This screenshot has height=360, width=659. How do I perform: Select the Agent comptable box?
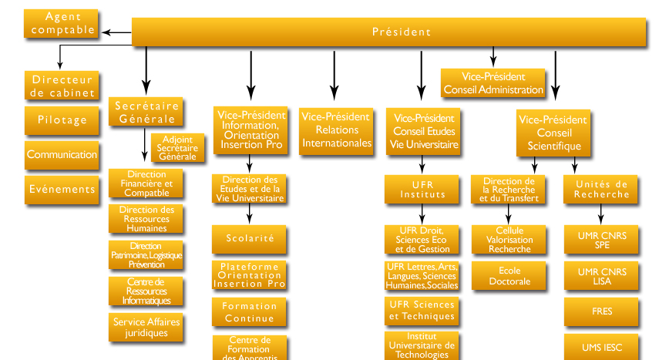tap(62, 23)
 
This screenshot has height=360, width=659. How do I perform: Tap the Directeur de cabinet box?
tap(62, 86)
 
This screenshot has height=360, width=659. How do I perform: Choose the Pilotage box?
tap(62, 119)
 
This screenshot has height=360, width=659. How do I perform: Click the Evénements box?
tap(62, 189)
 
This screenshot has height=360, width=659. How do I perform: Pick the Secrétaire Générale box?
tap(148, 112)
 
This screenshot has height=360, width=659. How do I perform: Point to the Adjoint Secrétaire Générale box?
tap(178, 148)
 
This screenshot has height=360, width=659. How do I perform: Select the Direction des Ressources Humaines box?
tap(146, 219)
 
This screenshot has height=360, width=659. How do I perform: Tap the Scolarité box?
tap(250, 238)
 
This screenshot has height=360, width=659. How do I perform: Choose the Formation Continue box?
tap(250, 312)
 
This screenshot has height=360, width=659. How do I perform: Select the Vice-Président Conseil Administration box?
tap(493, 83)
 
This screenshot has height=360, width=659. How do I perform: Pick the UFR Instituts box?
tap(422, 190)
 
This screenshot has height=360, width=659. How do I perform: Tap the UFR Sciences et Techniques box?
tap(422, 310)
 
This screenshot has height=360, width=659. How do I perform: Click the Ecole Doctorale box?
tap(509, 276)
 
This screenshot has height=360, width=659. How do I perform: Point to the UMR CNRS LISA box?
tap(602, 276)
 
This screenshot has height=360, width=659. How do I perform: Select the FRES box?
tap(602, 312)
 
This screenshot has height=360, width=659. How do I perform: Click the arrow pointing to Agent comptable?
tap(117, 32)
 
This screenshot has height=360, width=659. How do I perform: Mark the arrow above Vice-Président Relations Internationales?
tap(334, 76)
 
